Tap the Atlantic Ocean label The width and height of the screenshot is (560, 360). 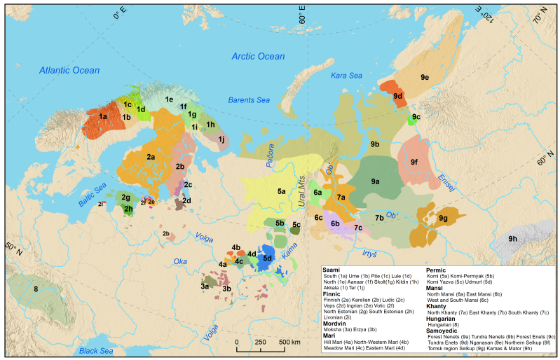point(69,70)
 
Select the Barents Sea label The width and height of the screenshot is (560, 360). point(249,101)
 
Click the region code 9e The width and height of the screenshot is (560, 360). point(425,76)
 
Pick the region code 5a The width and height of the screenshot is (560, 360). point(281,191)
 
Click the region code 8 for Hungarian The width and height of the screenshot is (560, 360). point(34,289)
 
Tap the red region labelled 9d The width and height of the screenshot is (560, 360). point(397,95)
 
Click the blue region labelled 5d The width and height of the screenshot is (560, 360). point(267,258)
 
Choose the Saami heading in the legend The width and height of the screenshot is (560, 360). point(331,269)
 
